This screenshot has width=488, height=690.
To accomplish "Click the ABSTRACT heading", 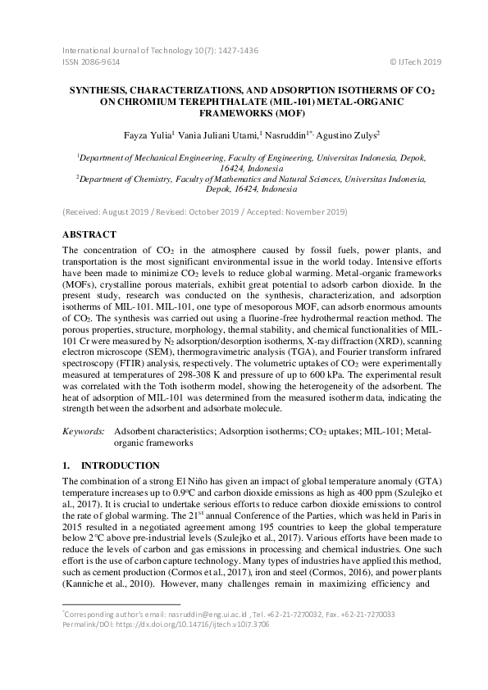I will (89, 233).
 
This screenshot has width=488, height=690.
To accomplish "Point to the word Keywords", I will (84, 429).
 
